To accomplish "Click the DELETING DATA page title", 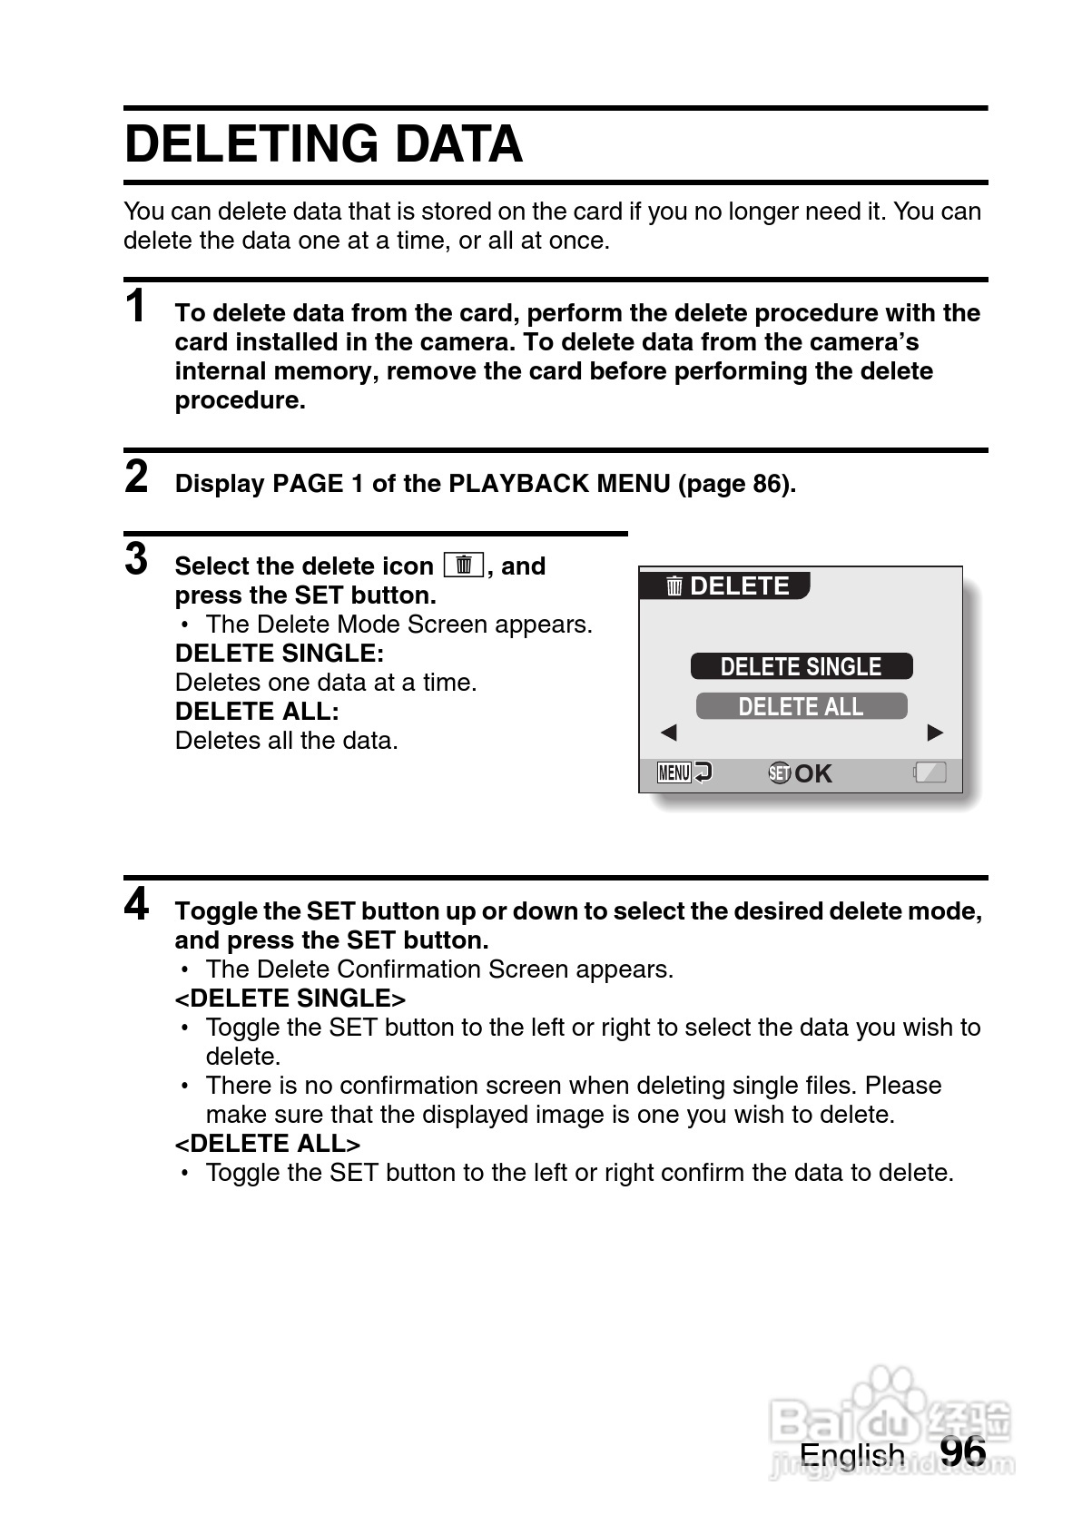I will (323, 144).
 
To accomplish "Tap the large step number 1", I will (136, 306).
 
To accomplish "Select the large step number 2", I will (136, 477).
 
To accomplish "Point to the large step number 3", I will (136, 559).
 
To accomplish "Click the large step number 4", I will (136, 904).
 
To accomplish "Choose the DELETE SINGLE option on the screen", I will (801, 666).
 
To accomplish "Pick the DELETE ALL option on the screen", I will (801, 706).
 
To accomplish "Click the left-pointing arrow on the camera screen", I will (669, 733).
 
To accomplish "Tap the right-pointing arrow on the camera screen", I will (935, 733).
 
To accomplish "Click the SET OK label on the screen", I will (800, 773).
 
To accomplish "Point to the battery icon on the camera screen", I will (930, 773).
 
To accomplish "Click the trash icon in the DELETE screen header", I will (674, 586).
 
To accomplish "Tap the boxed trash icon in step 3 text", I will (463, 565).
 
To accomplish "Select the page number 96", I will (962, 1451).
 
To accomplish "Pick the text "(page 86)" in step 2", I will (736, 484).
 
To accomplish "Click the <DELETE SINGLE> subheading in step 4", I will (290, 999).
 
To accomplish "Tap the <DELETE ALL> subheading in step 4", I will (268, 1144).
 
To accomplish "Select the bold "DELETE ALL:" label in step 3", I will (257, 712).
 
